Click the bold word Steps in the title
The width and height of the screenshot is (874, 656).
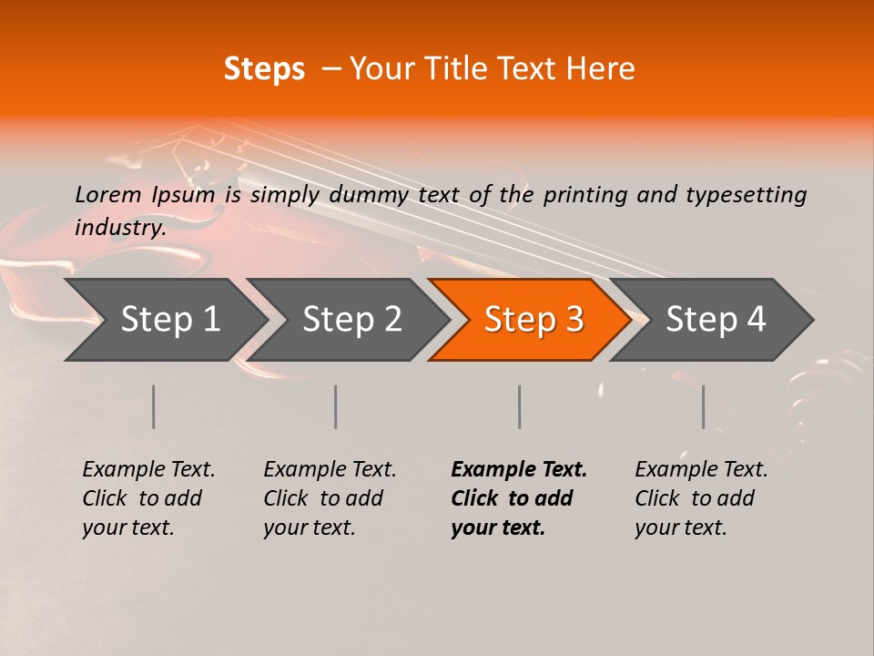[264, 69]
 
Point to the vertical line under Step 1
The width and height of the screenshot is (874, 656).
[154, 406]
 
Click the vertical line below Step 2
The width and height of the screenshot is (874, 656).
[336, 406]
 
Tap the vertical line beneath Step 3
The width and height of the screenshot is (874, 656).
[520, 406]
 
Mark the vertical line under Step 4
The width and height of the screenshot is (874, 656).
[704, 406]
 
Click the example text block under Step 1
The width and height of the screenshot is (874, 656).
[147, 498]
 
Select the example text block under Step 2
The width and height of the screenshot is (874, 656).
[329, 498]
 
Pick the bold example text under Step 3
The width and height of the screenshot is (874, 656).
[518, 498]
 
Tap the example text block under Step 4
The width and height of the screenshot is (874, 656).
[700, 498]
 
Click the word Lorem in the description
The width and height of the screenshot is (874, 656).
[108, 194]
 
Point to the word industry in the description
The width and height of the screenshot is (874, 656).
[119, 227]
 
